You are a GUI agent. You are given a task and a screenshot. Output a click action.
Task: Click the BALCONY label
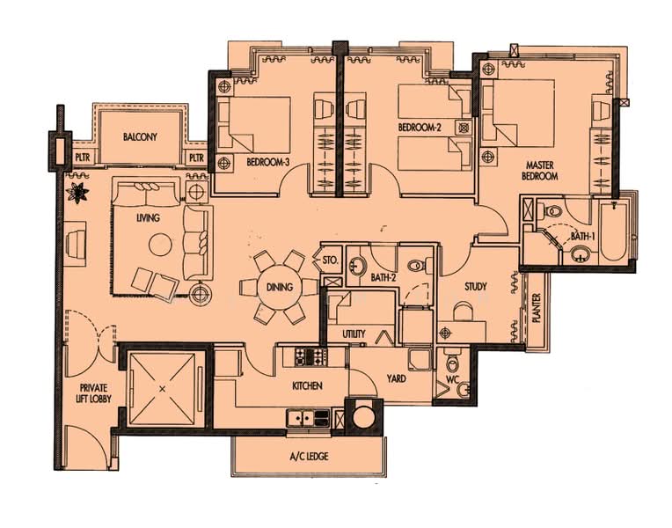pyautogui.click(x=140, y=136)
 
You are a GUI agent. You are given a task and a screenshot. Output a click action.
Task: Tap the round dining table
pyautogui.click(x=280, y=287)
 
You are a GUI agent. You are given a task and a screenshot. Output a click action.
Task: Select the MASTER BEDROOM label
pyautogui.click(x=539, y=171)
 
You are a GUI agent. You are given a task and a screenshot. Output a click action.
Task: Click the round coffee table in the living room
pyautogui.click(x=160, y=245)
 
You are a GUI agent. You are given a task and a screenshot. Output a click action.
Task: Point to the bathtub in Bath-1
pyautogui.click(x=612, y=231)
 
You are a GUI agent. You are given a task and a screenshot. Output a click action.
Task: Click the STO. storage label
pyautogui.click(x=331, y=260)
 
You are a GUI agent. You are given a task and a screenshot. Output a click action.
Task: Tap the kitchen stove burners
pyautogui.click(x=310, y=357)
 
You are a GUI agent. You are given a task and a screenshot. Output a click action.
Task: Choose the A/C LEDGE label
pyautogui.click(x=309, y=456)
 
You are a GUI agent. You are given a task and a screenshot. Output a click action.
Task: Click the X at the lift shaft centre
pyautogui.click(x=162, y=389)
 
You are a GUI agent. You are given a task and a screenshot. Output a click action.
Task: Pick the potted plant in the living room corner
pyautogui.click(x=77, y=192)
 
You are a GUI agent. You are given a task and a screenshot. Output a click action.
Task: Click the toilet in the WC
pyautogui.click(x=452, y=362)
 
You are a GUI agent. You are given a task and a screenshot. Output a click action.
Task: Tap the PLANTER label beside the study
pyautogui.click(x=537, y=307)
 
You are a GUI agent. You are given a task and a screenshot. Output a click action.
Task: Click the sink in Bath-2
pyautogui.click(x=356, y=267)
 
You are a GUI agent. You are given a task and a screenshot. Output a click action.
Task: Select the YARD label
pyautogui.click(x=396, y=378)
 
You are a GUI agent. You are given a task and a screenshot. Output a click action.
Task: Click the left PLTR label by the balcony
pyautogui.click(x=83, y=158)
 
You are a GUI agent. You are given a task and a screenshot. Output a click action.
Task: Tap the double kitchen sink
pyautogui.click(x=302, y=417)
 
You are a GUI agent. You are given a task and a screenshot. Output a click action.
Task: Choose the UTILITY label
pyautogui.click(x=354, y=334)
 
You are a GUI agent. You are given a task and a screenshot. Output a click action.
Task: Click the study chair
pyautogui.click(x=463, y=312)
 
